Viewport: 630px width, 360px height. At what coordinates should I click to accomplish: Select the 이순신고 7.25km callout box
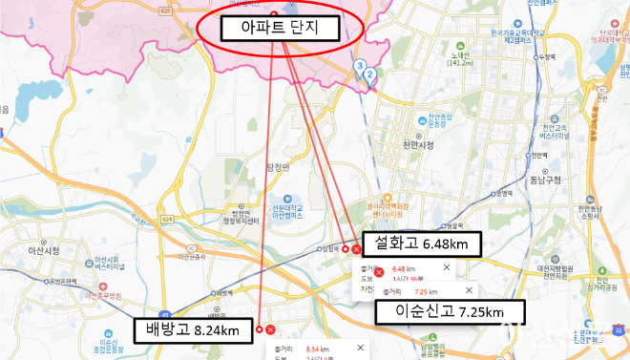(x=438, y=311)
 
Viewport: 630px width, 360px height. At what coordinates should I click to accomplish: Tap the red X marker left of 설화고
(x=357, y=249)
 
